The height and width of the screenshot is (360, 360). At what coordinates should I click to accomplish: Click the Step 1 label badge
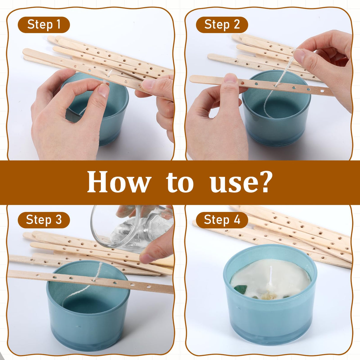point(44,25)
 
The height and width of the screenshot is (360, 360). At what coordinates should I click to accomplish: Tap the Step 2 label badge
point(222,25)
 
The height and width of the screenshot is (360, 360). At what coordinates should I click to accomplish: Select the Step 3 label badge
point(44,220)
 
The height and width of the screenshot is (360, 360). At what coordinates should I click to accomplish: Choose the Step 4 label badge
point(222,220)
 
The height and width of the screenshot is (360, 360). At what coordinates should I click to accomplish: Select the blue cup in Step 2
point(276,125)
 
